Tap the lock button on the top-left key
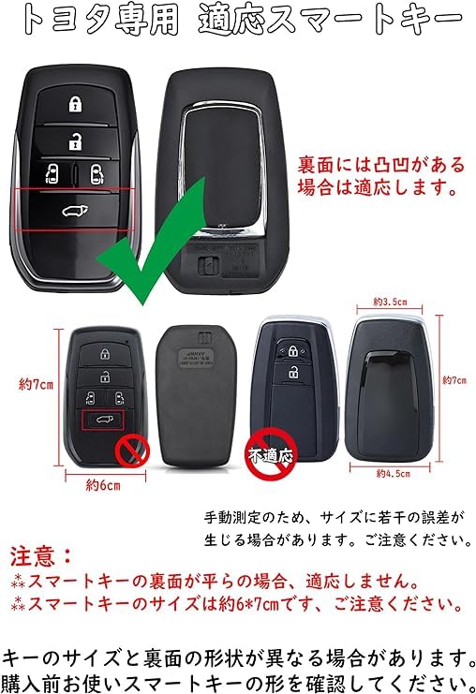(73, 104)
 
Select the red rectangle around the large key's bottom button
(75, 209)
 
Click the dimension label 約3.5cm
(389, 302)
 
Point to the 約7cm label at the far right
(454, 381)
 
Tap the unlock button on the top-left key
(73, 140)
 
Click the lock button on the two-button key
(294, 352)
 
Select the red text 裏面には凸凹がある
(380, 166)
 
